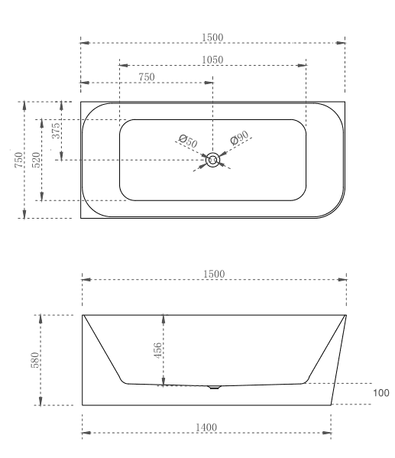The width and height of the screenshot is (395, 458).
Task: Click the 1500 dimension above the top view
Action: coord(213,37)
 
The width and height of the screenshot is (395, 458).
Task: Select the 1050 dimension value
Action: coord(213,60)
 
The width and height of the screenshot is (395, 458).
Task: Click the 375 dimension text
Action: coord(55,131)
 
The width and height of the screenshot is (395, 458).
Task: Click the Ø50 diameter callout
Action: coord(188,141)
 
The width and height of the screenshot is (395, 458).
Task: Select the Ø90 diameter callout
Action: coord(241,138)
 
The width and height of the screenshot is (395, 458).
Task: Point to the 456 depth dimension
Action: coord(157,350)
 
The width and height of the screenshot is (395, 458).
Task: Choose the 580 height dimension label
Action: coord(34,359)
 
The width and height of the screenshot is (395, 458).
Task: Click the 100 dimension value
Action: coord(380,392)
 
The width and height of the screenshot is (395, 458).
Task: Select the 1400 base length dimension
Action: coord(206,427)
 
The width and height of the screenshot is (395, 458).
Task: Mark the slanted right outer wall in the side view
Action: coord(339,359)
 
